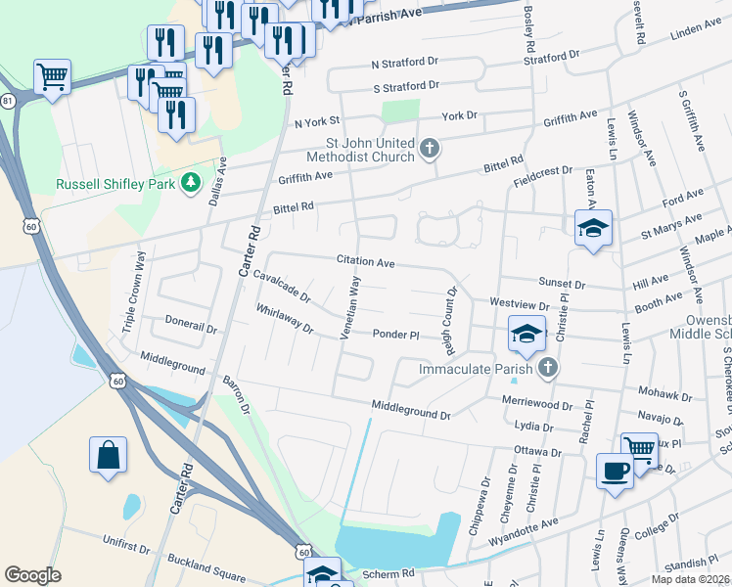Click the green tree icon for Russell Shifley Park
[192, 183]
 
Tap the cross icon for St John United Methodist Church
[428, 149]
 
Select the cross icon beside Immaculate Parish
[548, 368]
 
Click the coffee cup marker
[614, 472]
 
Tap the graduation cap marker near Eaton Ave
[593, 229]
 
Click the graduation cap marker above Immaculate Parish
[526, 336]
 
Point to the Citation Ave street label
[365, 262]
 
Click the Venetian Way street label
[349, 307]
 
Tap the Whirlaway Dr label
[284, 319]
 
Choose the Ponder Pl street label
[395, 335]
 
